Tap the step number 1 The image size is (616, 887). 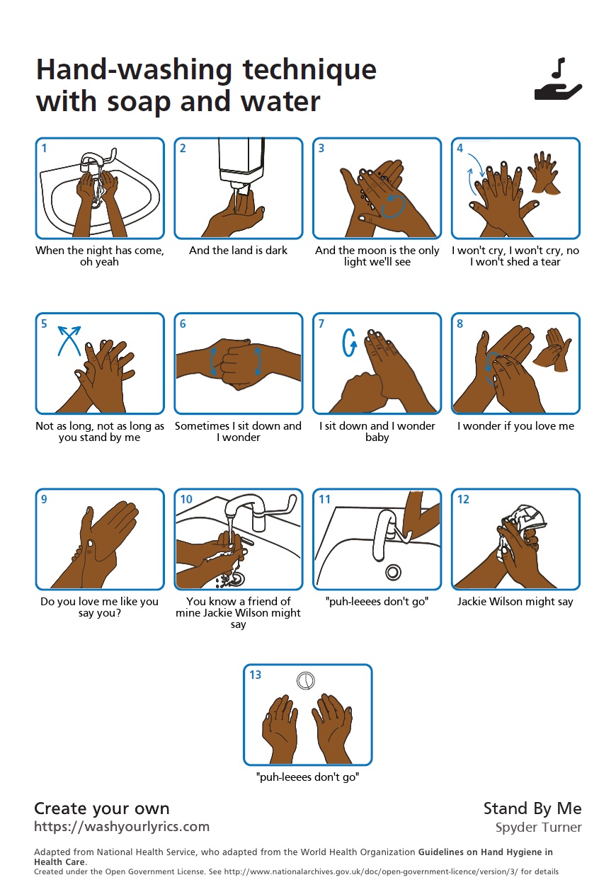45,148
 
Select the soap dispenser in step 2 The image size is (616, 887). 241,165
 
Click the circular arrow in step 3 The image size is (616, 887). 393,205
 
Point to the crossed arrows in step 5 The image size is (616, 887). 69,341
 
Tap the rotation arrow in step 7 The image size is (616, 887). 349,343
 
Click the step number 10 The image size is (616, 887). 186,499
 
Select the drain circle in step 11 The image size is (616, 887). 394,572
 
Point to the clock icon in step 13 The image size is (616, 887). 306,681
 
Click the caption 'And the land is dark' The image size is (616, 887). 238,251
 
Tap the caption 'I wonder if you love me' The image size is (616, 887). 515,425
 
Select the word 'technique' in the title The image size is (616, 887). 309,70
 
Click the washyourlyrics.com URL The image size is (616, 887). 122,827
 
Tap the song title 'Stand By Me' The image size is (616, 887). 532,808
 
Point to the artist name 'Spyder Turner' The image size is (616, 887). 539,828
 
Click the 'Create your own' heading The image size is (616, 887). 102,808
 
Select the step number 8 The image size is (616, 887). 460,324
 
